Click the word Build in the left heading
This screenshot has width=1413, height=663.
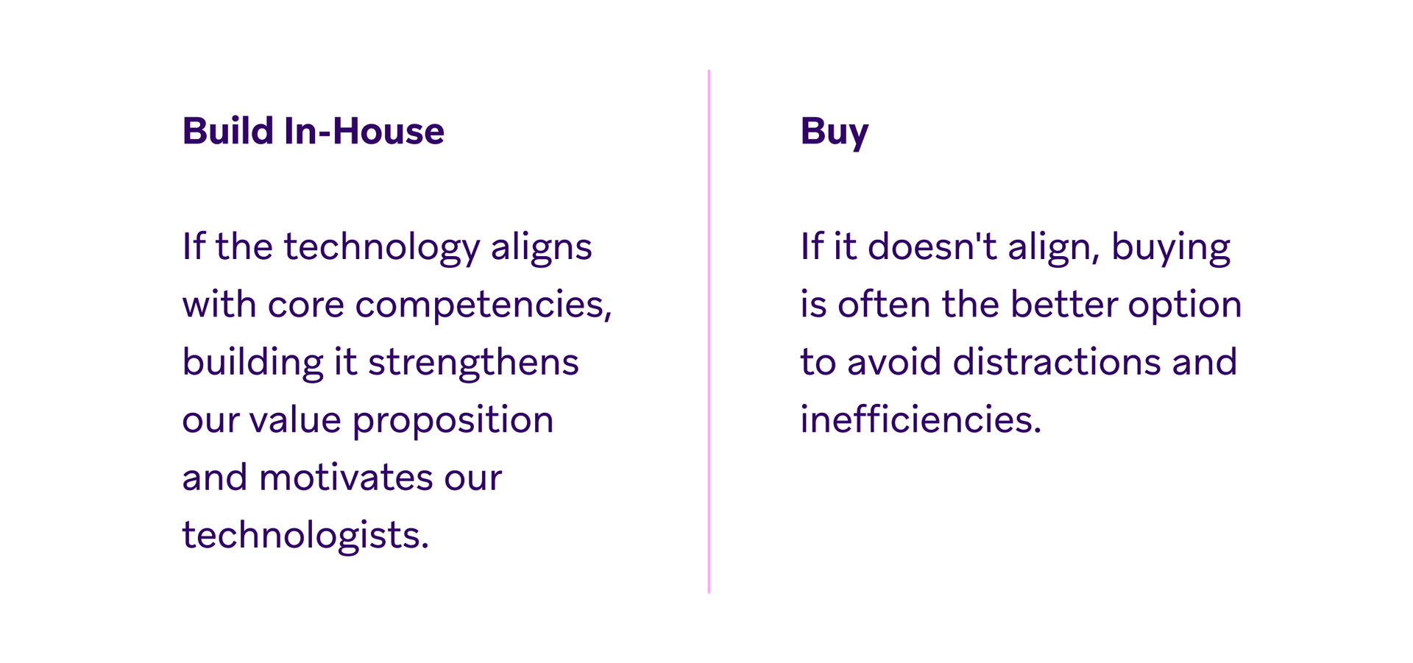click(228, 131)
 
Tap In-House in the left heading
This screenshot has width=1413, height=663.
click(364, 131)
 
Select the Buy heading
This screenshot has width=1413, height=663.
click(835, 133)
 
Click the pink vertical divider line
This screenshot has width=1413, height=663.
click(709, 331)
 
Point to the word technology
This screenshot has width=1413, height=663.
click(382, 248)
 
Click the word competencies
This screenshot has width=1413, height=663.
click(484, 305)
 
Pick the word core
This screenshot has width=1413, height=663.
click(306, 305)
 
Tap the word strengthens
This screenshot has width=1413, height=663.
click(473, 363)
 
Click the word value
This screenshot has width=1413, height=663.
click(295, 420)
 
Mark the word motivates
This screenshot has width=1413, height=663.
click(346, 478)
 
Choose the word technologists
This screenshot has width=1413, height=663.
click(305, 535)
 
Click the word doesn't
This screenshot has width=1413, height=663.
click(932, 246)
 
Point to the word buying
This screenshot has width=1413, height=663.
click(1171, 248)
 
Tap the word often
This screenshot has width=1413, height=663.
click(884, 304)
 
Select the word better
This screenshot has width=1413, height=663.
click(1064, 304)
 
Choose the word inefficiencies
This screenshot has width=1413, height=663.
click(921, 419)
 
